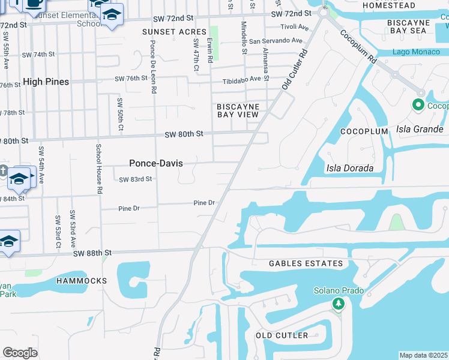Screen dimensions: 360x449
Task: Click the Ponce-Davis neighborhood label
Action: click(x=156, y=163)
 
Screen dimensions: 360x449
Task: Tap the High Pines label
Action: click(x=46, y=82)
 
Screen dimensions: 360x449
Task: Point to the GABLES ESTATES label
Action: click(x=306, y=263)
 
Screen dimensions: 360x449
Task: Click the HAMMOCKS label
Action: click(x=82, y=281)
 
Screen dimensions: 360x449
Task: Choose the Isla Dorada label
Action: click(x=349, y=168)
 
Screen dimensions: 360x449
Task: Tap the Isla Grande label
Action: click(x=420, y=129)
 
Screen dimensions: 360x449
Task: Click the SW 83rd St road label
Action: click(x=135, y=179)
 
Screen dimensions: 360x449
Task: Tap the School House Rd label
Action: click(x=98, y=169)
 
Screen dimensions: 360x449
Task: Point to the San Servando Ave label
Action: click(x=277, y=41)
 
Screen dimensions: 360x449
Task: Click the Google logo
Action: click(x=20, y=352)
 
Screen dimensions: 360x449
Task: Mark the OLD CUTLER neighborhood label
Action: click(x=282, y=335)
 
